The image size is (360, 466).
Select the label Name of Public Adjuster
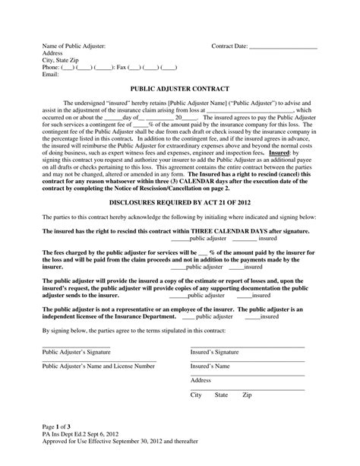[74, 47]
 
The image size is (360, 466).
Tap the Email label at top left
[50, 74]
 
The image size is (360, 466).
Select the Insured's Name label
[211, 366]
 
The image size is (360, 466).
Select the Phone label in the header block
[52, 68]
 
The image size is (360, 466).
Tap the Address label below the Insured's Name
[201, 380]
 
